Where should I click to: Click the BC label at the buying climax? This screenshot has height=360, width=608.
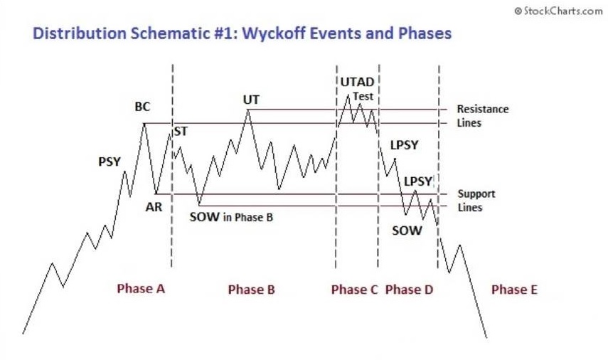click(142, 107)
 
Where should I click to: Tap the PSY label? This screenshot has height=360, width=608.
click(110, 162)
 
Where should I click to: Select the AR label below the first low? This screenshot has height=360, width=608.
click(154, 207)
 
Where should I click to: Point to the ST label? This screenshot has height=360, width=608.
click(181, 132)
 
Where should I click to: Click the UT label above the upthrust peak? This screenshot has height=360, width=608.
click(251, 100)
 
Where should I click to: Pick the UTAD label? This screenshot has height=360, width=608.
click(357, 82)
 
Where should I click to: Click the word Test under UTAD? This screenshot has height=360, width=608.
click(363, 96)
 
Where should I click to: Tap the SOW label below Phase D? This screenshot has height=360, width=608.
click(407, 231)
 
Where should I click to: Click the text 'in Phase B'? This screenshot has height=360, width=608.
click(248, 217)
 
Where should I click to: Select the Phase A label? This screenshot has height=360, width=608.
click(141, 289)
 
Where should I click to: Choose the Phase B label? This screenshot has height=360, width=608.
click(251, 290)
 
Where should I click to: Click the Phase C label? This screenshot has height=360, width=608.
click(354, 290)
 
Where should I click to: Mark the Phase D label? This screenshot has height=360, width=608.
click(409, 290)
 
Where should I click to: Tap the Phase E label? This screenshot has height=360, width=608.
click(515, 290)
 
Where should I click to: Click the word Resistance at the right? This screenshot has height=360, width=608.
click(483, 109)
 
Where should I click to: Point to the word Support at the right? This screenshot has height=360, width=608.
click(476, 194)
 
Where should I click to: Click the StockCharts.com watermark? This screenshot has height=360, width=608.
click(559, 11)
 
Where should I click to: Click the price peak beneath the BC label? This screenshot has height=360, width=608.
click(144, 124)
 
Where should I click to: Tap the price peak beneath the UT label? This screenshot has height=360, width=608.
click(248, 110)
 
